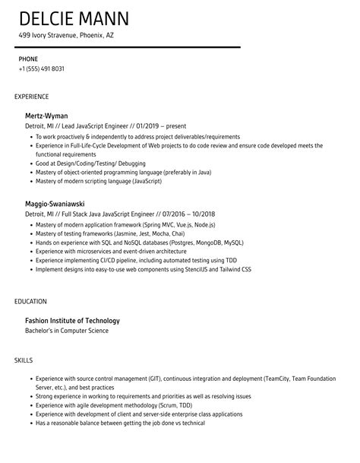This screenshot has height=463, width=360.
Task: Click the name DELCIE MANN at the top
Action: pos(74,18)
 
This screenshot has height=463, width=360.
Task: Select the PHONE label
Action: pos(29,59)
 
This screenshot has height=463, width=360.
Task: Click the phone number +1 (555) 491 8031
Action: pos(41,69)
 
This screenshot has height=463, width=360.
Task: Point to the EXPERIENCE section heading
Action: pos(32,97)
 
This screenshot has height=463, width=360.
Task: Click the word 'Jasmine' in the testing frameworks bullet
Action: pos(131,234)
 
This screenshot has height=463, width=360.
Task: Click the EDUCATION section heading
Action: pos(30,302)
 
